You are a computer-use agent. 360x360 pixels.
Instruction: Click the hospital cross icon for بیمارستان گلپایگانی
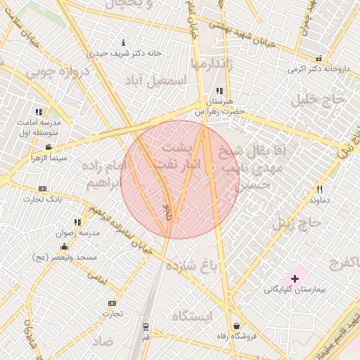tap(295, 279)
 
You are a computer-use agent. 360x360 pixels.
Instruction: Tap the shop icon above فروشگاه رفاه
tap(236, 326)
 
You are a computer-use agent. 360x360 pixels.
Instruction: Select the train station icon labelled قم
tap(146, 327)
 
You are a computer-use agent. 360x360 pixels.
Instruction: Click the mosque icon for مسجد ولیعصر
tap(65, 247)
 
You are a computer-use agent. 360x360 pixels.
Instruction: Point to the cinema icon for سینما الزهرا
tap(48, 147)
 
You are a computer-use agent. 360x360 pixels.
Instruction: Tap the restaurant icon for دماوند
tap(319, 189)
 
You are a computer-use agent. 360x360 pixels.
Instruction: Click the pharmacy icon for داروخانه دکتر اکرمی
tap(319, 58)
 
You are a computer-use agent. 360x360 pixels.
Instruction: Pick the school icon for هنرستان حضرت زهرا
tap(219, 91)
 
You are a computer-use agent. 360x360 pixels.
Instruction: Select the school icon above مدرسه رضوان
tap(77, 222)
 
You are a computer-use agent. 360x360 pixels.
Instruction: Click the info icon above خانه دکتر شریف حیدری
tap(124, 42)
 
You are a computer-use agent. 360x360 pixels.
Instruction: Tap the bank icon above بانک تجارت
tap(43, 188)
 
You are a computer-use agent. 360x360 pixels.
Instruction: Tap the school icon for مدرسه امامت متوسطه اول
tap(39, 112)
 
